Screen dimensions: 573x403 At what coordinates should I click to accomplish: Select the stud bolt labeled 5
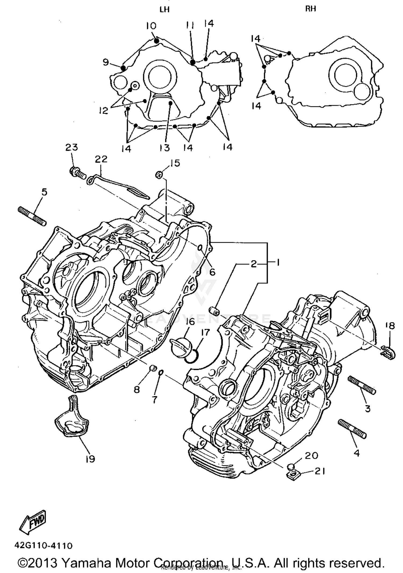[32, 216]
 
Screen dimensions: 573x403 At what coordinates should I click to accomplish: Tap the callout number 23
[71, 147]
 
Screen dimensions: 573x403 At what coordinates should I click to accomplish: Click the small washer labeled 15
[159, 175]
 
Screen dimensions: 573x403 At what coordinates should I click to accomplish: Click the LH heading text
[164, 10]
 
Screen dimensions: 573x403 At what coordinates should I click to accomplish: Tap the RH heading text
[311, 9]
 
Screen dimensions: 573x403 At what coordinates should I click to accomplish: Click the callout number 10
[151, 26]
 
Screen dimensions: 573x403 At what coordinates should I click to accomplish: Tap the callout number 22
[101, 159]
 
